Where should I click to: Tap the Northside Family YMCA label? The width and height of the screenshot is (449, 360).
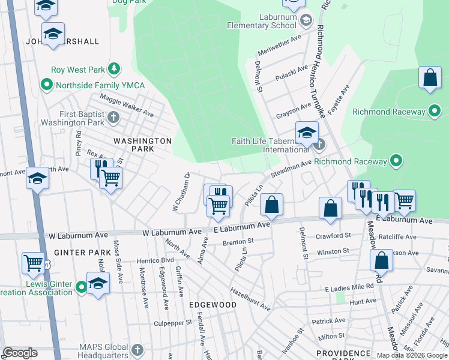(100, 85)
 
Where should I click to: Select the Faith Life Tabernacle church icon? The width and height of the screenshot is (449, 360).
(320, 145)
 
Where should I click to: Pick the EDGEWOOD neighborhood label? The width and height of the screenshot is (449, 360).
(212, 305)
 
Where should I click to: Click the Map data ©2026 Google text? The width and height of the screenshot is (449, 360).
(412, 355)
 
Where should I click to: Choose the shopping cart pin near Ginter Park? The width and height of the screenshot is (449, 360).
(34, 262)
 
